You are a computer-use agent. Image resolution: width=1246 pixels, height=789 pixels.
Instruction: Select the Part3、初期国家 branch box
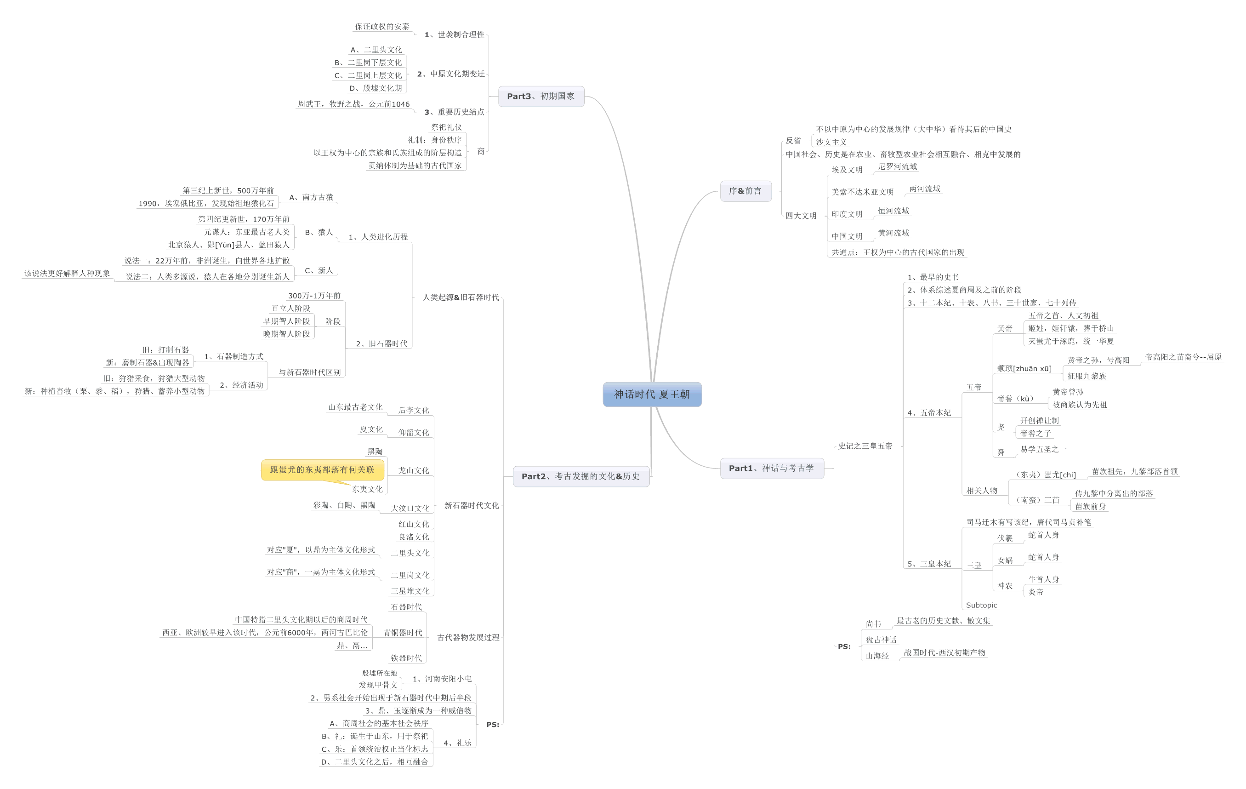[x=541, y=96]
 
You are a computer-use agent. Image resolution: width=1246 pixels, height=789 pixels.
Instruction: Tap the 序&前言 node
[x=745, y=191]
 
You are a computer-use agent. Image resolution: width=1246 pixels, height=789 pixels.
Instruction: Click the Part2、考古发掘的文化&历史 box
[x=580, y=476]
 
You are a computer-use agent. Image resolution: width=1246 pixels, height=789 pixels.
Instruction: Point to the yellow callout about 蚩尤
[x=322, y=469]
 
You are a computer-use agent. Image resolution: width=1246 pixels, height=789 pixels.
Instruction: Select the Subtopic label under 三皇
[x=981, y=605]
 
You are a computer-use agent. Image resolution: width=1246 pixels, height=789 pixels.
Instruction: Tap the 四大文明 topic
[x=801, y=216]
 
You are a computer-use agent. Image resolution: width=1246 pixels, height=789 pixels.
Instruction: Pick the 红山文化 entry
[x=414, y=524]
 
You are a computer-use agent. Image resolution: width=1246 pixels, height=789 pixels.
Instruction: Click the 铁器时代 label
[x=406, y=658]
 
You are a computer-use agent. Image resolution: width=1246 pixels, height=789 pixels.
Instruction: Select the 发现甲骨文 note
[x=378, y=685]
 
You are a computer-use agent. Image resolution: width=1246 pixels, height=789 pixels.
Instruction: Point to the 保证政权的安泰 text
[x=382, y=26]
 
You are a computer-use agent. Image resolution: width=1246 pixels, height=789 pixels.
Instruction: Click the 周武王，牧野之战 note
[x=353, y=104]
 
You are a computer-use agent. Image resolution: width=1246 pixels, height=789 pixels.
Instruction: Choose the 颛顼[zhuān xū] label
[x=1024, y=369]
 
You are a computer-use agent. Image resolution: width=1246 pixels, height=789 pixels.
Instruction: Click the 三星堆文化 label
[x=410, y=591]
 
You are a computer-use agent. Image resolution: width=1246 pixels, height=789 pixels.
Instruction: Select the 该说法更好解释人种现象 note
[x=67, y=274]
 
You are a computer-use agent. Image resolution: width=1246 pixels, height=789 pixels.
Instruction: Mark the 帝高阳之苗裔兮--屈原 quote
[x=1183, y=357]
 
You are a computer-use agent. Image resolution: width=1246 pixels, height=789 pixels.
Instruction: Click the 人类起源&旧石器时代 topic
[x=461, y=297]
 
